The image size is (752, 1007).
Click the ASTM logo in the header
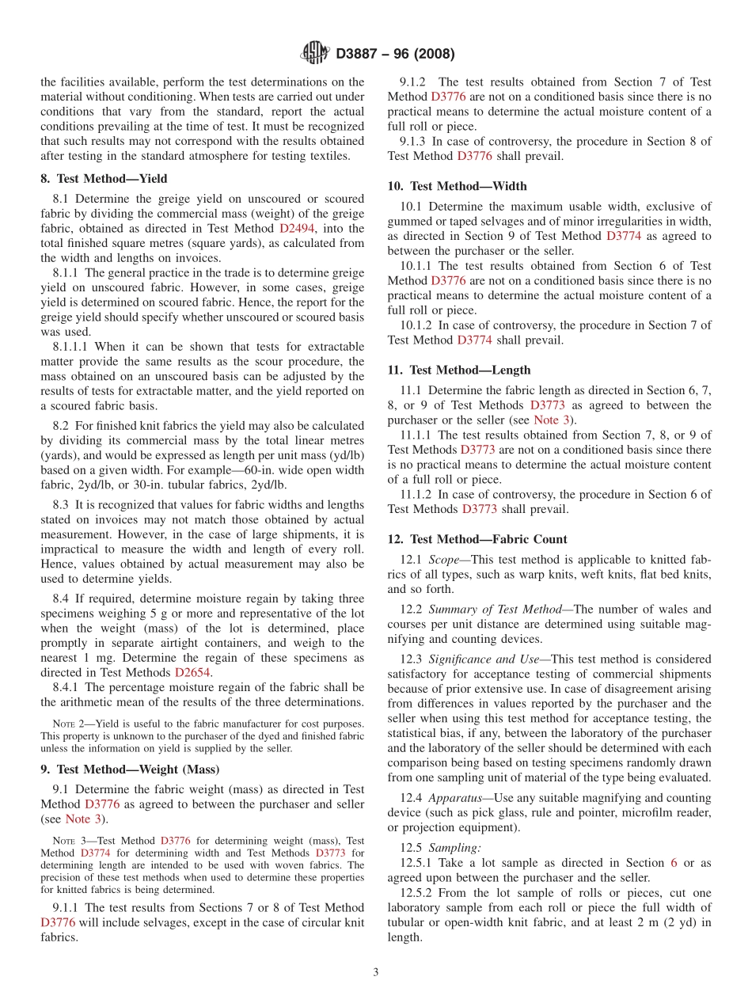click(315, 54)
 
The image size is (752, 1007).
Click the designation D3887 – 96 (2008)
click(395, 55)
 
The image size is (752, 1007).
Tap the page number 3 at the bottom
click(376, 972)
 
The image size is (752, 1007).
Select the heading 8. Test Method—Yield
click(104, 179)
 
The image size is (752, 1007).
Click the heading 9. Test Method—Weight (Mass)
click(130, 769)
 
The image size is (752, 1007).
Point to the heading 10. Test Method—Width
click(457, 186)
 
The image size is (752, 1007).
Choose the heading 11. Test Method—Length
click(459, 370)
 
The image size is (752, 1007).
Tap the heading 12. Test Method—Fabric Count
click(477, 539)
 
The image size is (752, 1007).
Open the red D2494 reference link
click(297, 228)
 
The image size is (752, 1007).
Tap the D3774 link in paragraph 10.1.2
click(474, 340)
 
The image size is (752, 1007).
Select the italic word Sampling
click(454, 847)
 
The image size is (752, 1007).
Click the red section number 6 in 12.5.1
click(674, 862)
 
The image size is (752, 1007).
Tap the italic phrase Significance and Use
click(485, 659)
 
